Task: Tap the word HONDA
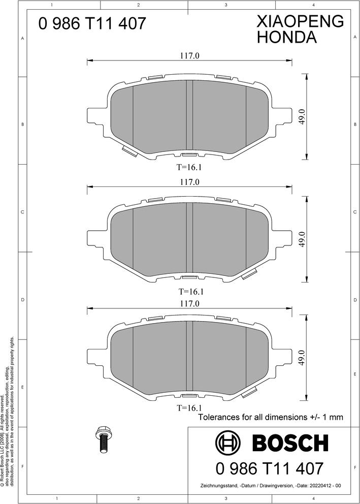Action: (287, 37)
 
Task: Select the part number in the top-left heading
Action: (93, 23)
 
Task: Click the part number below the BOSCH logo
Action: (269, 467)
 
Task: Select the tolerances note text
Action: (270, 417)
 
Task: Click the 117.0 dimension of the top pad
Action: (189, 56)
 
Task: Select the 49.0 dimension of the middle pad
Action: (302, 239)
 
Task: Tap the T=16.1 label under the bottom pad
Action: (189, 408)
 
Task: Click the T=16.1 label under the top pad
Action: (189, 166)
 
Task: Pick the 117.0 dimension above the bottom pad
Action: (189, 303)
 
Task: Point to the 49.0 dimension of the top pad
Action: (302, 116)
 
